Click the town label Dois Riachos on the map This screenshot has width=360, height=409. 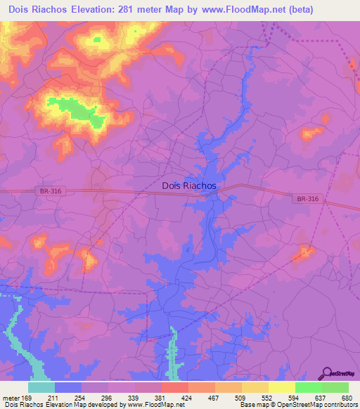tap(189, 186)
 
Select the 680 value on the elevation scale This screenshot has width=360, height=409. tap(347, 398)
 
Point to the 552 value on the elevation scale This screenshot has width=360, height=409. tap(267, 398)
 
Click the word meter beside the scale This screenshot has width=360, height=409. tap(11, 398)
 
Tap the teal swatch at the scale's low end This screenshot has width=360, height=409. tap(41, 387)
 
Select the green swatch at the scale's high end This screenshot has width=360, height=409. tap(335, 387)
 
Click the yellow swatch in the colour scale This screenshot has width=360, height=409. tap(281, 387)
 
